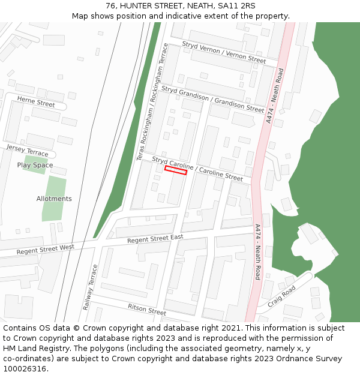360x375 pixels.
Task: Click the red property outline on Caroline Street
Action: click(176, 171)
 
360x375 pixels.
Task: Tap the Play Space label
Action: click(35, 165)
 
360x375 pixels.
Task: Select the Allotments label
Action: click(54, 199)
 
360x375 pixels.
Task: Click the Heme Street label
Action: click(36, 102)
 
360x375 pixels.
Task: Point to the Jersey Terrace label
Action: click(27, 151)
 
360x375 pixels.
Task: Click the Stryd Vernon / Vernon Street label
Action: click(224, 52)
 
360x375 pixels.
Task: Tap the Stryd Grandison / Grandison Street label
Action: click(212, 99)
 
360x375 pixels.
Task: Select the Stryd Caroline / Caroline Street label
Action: click(197, 169)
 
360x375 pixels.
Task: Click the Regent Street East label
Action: click(155, 239)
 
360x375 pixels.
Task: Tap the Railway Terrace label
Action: click(90, 287)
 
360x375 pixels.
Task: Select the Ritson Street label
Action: click(146, 309)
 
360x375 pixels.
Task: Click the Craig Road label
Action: click(281, 295)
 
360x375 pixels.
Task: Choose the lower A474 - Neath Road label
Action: click(257, 252)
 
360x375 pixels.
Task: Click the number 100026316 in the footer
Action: click(25, 368)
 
